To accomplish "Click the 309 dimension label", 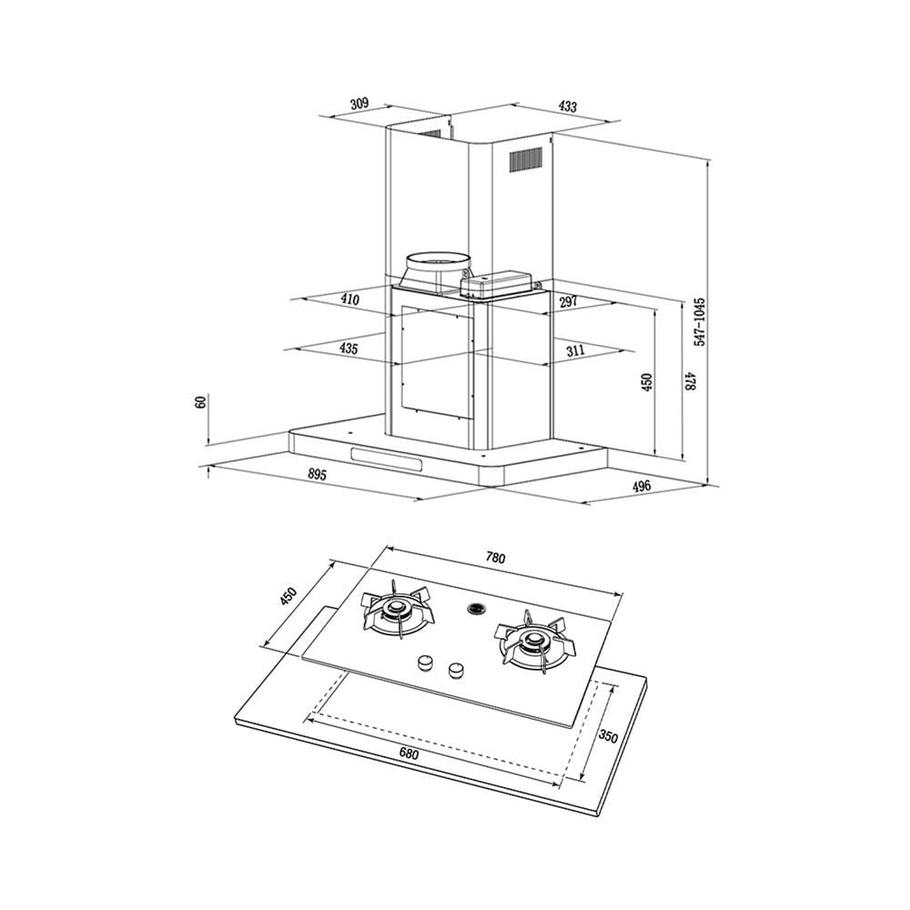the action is click(x=359, y=104).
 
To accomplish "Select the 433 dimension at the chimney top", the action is click(x=567, y=106).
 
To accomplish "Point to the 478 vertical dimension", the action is click(x=690, y=381).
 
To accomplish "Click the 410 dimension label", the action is click(x=350, y=299).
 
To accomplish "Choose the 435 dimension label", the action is click(x=349, y=349).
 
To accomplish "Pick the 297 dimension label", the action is click(x=569, y=301).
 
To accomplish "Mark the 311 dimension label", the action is click(x=575, y=350).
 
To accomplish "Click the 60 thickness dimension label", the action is click(x=201, y=401).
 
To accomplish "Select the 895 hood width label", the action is click(x=317, y=475).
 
